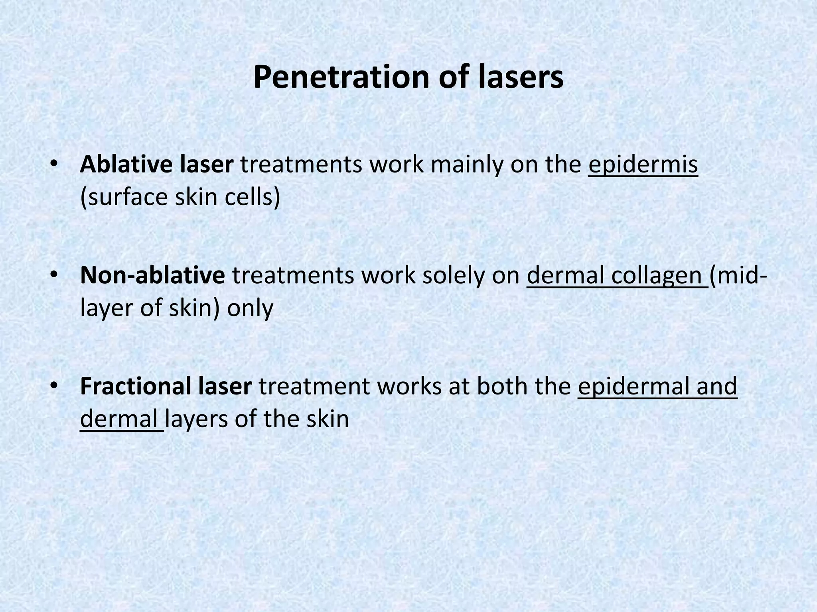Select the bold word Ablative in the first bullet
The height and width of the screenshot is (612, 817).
(x=126, y=164)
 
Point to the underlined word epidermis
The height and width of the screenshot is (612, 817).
(x=643, y=165)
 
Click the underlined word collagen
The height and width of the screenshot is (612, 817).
(x=657, y=276)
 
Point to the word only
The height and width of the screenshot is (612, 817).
(x=250, y=308)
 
